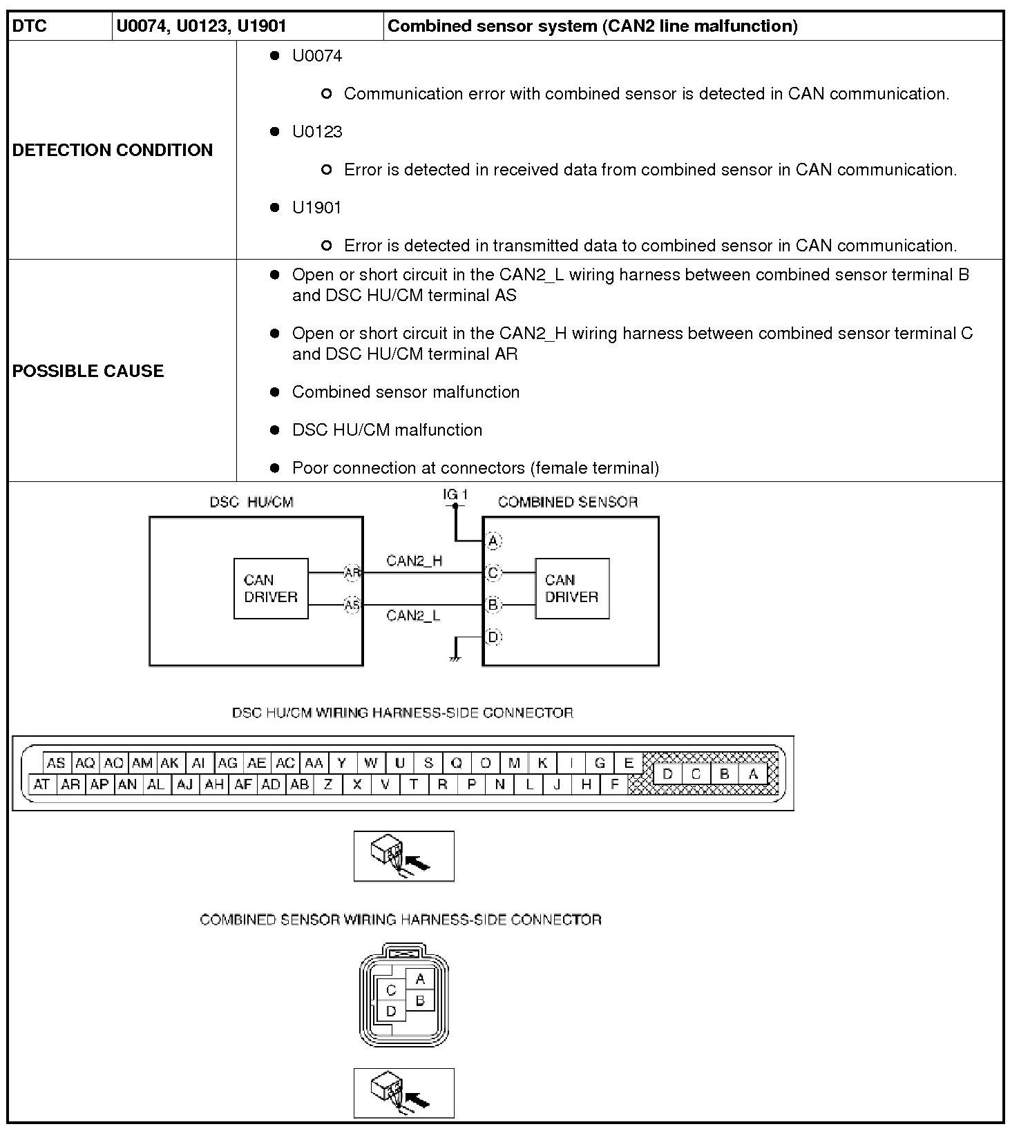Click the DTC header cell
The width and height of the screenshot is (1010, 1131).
point(30,26)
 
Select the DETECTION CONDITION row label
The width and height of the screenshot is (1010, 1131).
point(113,150)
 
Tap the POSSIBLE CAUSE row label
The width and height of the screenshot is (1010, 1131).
point(88,371)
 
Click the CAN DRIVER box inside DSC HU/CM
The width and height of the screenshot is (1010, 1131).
point(271,588)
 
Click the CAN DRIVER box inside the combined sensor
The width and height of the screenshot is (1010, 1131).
point(572,588)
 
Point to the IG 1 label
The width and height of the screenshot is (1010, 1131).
point(455,494)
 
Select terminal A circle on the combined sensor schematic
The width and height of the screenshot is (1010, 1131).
point(493,541)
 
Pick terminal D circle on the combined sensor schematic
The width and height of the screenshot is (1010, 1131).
point(493,637)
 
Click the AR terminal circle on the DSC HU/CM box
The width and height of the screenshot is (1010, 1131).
point(352,572)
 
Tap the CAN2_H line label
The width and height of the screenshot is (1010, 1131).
point(415,561)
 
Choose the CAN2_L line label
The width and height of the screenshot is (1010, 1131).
point(413,615)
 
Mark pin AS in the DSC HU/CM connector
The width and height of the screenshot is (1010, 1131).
point(56,763)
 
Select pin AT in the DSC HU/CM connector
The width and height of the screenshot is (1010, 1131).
point(41,784)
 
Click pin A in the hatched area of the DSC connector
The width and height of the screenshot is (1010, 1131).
point(753,774)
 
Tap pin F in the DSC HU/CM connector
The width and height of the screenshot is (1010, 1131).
point(614,784)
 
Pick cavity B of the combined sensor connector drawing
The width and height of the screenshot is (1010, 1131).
point(420,1000)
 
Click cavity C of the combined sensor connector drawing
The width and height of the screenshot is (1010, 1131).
point(391,990)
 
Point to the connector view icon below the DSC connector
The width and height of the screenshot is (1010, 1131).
point(403,856)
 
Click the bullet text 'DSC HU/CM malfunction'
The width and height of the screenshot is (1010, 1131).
point(387,430)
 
